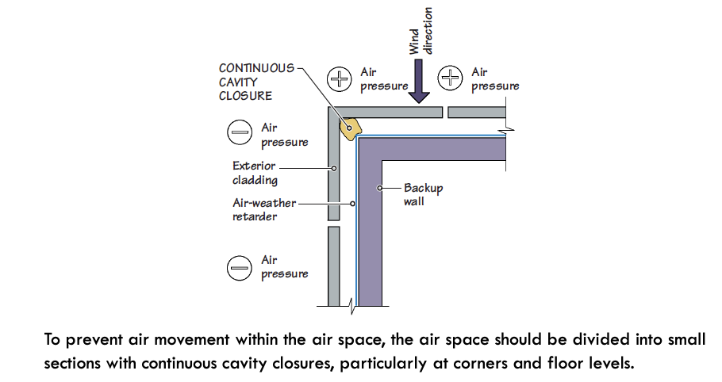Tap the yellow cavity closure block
point(350,125)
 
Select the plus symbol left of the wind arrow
point(340,78)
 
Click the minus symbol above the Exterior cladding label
point(239,133)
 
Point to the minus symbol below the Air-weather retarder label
point(239,267)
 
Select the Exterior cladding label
point(254,173)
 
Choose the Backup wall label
point(424,194)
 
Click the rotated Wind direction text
point(421,32)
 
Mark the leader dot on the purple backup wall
point(380,188)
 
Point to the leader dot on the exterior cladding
point(335,168)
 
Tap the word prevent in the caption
point(91,340)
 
